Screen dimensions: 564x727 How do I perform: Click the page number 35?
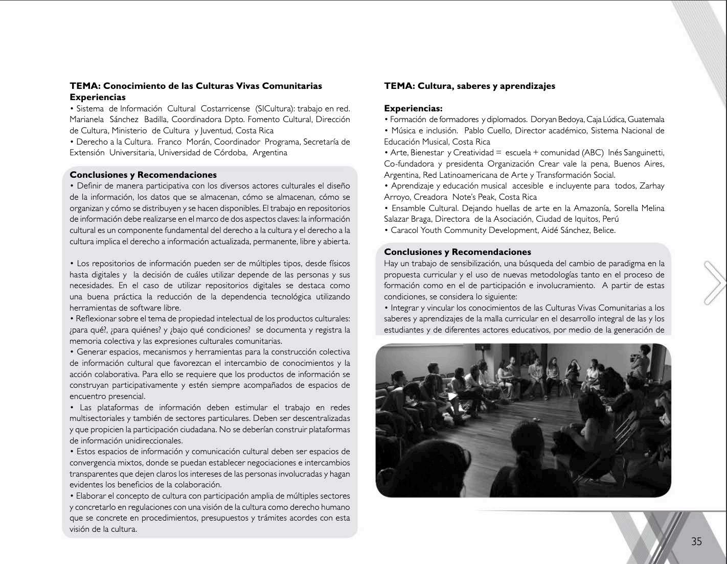click(696, 542)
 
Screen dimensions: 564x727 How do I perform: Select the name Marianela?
click(87, 120)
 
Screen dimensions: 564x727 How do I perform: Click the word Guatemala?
click(646, 120)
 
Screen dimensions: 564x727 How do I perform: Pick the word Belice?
click(604, 230)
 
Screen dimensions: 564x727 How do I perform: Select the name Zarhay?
click(652, 186)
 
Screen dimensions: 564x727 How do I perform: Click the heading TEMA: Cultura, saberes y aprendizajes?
click(469, 86)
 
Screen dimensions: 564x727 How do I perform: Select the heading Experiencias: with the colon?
click(413, 108)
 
